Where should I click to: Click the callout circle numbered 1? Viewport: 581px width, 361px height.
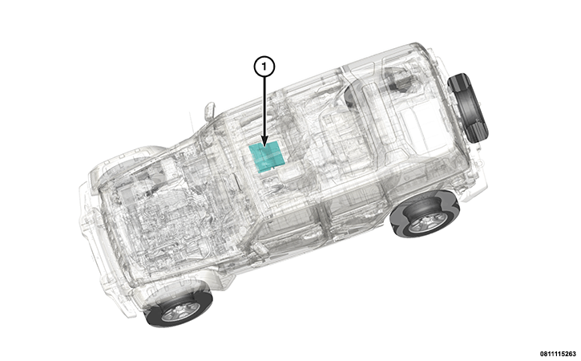tap(264, 67)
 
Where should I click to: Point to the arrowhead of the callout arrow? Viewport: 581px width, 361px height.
tap(264, 141)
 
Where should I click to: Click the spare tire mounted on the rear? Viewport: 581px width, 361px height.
tap(468, 107)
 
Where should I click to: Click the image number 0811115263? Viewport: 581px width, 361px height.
tap(559, 354)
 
